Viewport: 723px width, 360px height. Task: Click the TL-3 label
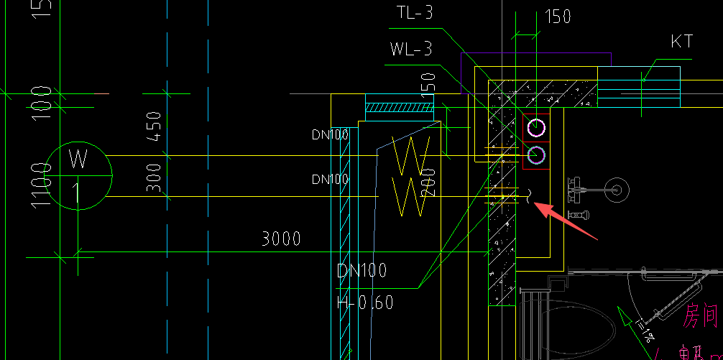(x=414, y=13)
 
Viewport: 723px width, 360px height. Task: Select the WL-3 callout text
(x=411, y=49)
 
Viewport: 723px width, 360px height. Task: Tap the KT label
(x=681, y=42)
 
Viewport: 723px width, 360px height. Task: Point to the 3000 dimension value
(x=280, y=239)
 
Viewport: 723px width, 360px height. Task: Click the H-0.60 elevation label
(x=365, y=303)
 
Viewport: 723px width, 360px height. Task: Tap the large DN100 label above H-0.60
(x=362, y=271)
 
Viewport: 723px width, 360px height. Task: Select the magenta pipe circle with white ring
(x=536, y=129)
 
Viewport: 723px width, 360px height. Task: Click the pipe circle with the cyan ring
(x=536, y=154)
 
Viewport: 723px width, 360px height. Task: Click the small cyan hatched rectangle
(x=400, y=109)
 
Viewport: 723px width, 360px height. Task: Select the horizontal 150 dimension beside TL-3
(x=558, y=17)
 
